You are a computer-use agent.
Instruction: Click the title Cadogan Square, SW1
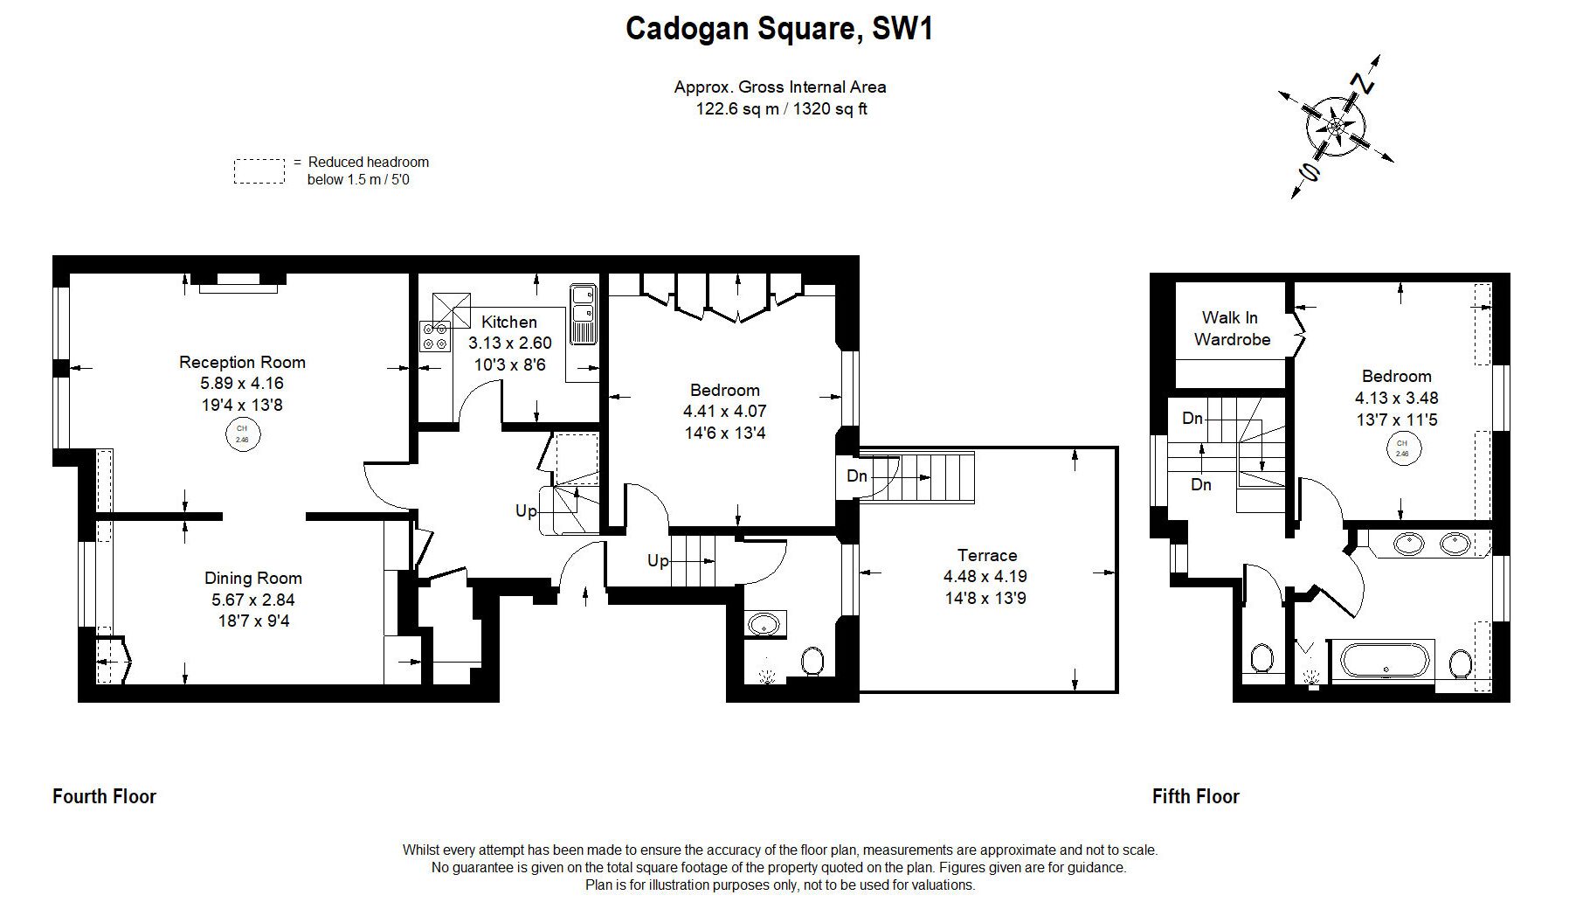coord(779,29)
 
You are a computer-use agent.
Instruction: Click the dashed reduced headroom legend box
coord(259,171)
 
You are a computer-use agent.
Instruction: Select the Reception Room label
coord(242,362)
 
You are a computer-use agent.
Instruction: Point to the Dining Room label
coord(252,578)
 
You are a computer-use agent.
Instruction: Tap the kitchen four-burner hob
coord(435,337)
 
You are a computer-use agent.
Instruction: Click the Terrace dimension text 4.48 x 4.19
coord(985,577)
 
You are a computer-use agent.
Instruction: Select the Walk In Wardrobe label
coord(1231,329)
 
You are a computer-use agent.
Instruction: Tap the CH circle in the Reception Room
coord(242,434)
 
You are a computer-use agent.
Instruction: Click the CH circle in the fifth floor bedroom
coord(1401,448)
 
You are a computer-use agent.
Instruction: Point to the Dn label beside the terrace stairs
coord(857,476)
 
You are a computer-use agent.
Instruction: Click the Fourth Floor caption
coord(104,796)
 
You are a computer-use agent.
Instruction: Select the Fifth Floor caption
coord(1195,796)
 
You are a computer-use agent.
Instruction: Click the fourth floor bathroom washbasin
coord(764,625)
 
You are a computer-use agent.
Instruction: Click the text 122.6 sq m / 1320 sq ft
coord(780,109)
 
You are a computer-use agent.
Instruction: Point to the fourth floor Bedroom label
coord(724,390)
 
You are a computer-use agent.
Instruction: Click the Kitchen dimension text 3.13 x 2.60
coord(509,343)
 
